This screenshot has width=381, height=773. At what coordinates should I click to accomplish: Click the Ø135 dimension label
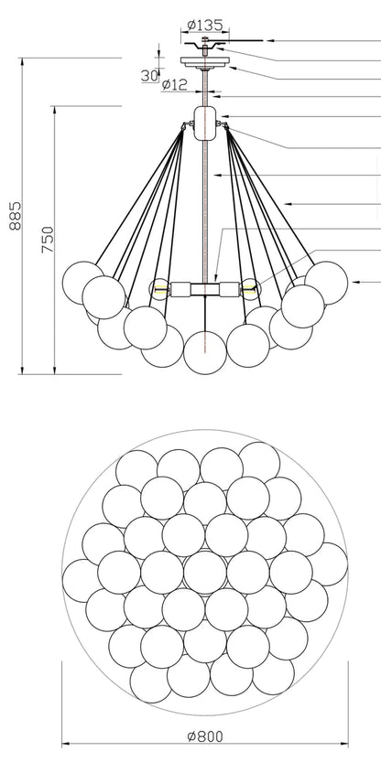click(x=205, y=25)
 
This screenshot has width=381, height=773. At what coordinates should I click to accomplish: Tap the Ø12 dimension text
click(x=174, y=85)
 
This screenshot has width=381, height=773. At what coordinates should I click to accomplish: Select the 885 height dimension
click(x=16, y=216)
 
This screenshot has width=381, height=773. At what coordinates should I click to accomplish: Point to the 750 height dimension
click(x=48, y=240)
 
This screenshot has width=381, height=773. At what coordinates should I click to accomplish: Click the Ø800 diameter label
click(x=205, y=736)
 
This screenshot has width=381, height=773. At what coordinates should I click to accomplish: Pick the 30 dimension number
click(x=149, y=75)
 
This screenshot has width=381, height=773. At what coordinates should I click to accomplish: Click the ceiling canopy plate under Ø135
click(x=205, y=61)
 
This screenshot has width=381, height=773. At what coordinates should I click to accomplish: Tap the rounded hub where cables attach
click(x=205, y=123)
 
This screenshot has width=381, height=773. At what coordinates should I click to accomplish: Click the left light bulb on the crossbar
click(x=159, y=289)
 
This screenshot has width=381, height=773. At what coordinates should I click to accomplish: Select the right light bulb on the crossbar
click(x=251, y=289)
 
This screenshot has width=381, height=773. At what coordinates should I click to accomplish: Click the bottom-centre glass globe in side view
click(x=205, y=352)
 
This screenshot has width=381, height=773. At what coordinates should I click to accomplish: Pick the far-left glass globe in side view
click(x=83, y=283)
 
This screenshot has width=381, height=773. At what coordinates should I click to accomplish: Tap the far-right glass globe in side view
click(x=327, y=283)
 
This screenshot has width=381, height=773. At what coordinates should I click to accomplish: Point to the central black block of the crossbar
click(x=205, y=289)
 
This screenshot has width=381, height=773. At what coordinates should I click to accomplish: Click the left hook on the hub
click(x=187, y=124)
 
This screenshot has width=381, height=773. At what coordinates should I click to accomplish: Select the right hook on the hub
click(x=223, y=124)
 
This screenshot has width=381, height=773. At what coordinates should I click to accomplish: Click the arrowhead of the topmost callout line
click(x=269, y=40)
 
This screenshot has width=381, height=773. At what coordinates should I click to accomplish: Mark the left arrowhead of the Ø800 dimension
click(x=66, y=744)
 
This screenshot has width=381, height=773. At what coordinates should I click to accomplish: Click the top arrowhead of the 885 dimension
click(x=22, y=62)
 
